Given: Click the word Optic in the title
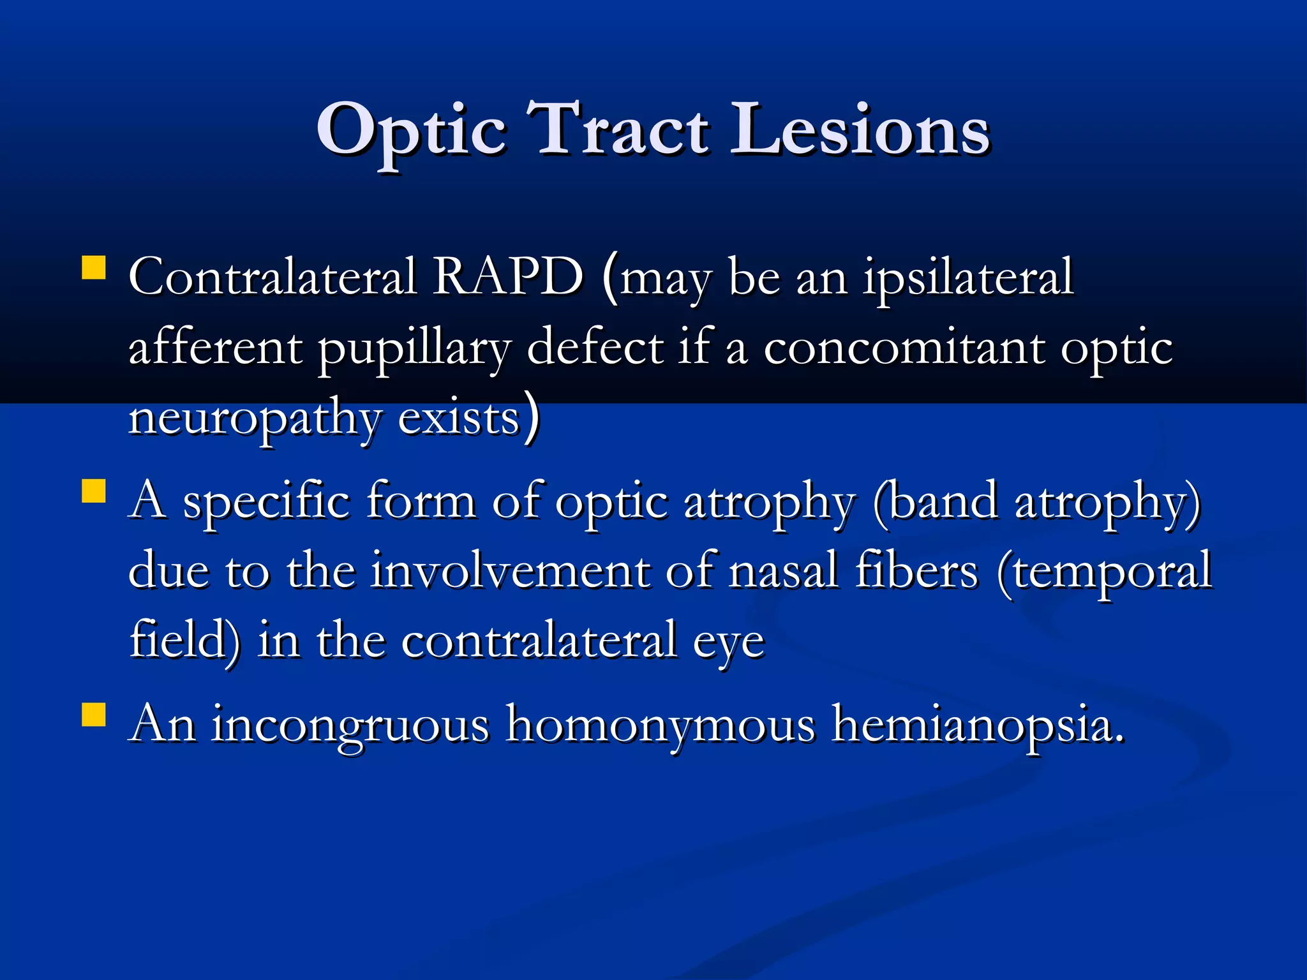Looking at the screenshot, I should (x=412, y=131).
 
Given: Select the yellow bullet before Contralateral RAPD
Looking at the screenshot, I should (x=94, y=268).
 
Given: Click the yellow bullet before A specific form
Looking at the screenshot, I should (x=94, y=492).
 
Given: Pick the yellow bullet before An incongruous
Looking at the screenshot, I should (x=94, y=715).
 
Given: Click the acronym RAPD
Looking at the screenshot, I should (x=508, y=277).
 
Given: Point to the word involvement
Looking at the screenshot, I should (x=510, y=570).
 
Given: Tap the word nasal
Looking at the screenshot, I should (x=783, y=570).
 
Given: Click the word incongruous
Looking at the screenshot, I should (x=350, y=725).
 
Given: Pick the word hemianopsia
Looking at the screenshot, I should (x=976, y=725).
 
